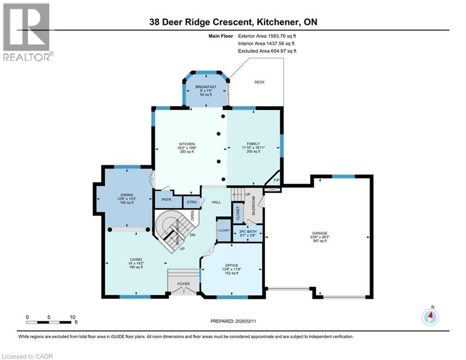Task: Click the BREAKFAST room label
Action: click(206, 87)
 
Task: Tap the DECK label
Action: click(259, 82)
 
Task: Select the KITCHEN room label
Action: click(186, 144)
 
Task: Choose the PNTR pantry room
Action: click(164, 199)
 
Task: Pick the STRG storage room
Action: click(191, 202)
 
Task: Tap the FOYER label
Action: click(183, 284)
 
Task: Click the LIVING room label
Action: click(136, 259)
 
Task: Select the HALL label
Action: click(216, 202)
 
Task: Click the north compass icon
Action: click(429, 317)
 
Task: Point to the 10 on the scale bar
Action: click(73, 317)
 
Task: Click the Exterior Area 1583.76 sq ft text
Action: click(267, 35)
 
